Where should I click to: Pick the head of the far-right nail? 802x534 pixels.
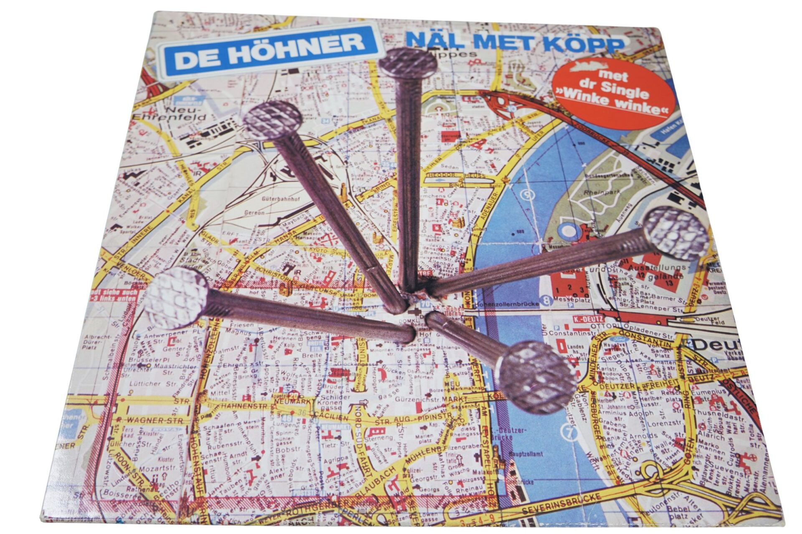tap(676, 233)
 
